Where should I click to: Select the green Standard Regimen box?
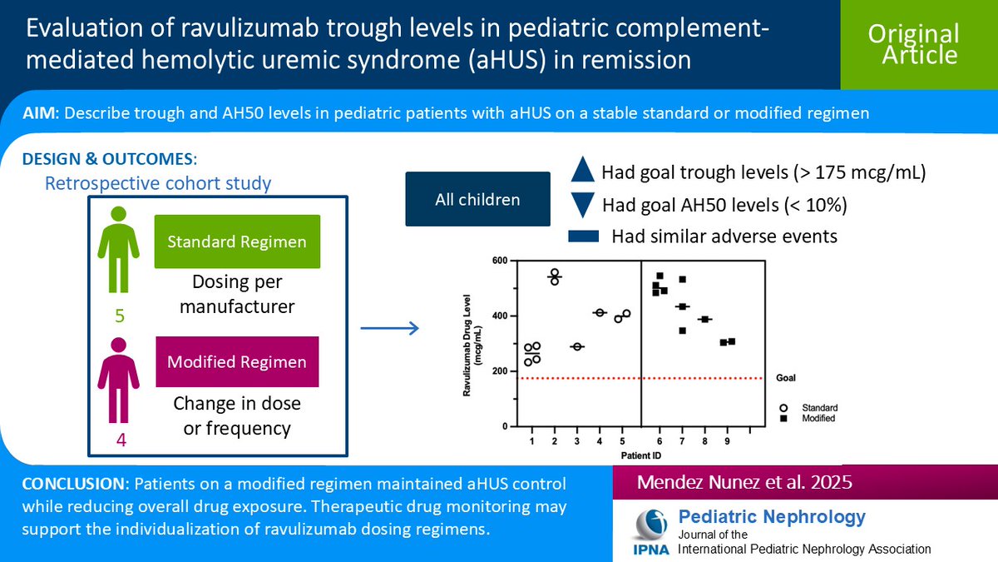237,241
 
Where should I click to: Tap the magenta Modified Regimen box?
237,361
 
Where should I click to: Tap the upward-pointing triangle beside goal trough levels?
583,172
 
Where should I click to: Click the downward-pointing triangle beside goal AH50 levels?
583,205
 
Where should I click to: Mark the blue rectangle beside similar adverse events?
583,237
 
